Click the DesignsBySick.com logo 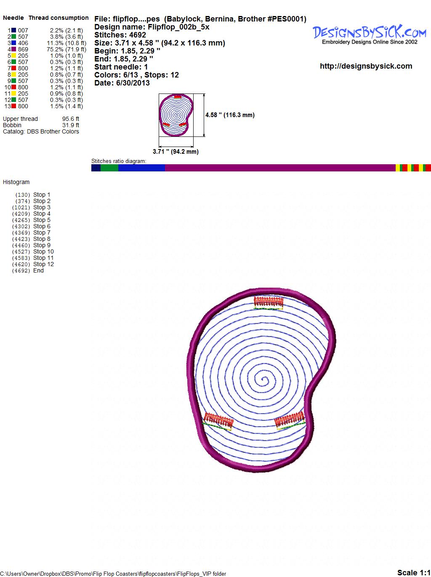370,35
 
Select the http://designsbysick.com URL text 366,66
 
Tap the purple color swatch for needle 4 13,49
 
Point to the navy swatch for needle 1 13,30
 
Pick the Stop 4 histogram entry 31,214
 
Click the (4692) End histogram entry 28,270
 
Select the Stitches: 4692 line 120,35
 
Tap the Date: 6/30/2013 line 122,83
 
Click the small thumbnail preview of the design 176,115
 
